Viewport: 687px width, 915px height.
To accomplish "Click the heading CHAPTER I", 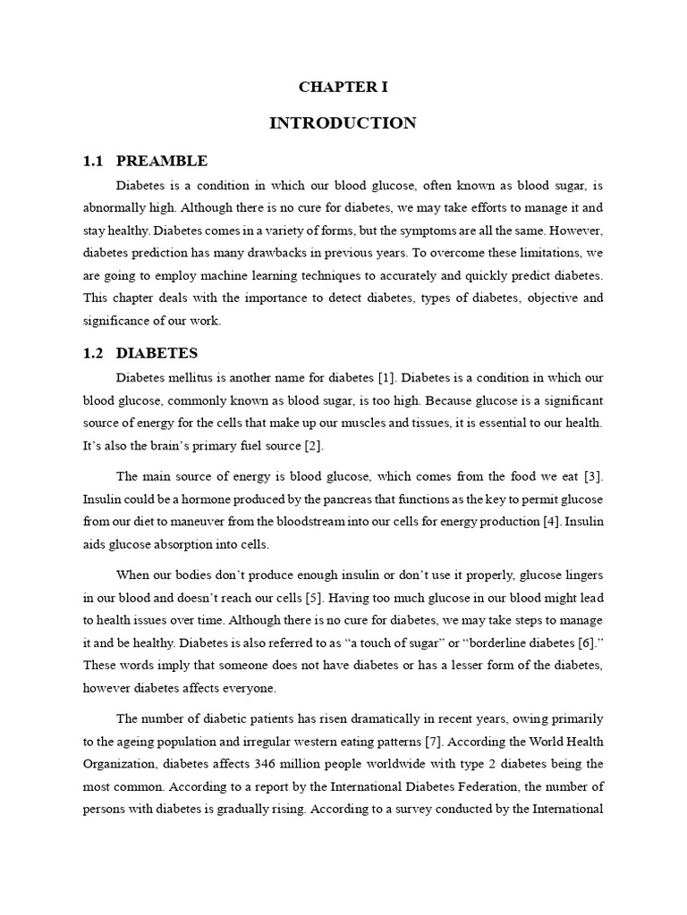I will tap(343, 87).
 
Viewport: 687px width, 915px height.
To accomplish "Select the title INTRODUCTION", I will tap(343, 123).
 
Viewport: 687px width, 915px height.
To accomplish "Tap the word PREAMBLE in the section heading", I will tap(162, 161).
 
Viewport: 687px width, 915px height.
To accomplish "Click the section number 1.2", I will tap(94, 353).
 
